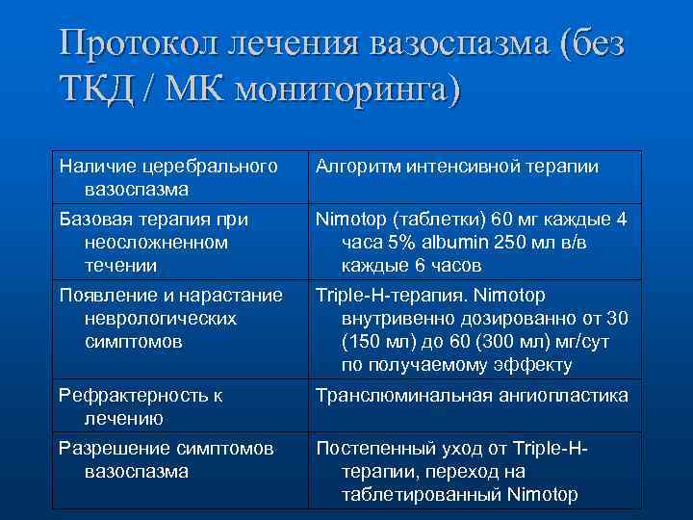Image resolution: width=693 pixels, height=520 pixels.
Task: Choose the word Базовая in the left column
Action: (93, 219)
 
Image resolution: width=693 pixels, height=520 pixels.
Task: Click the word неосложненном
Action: (157, 242)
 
